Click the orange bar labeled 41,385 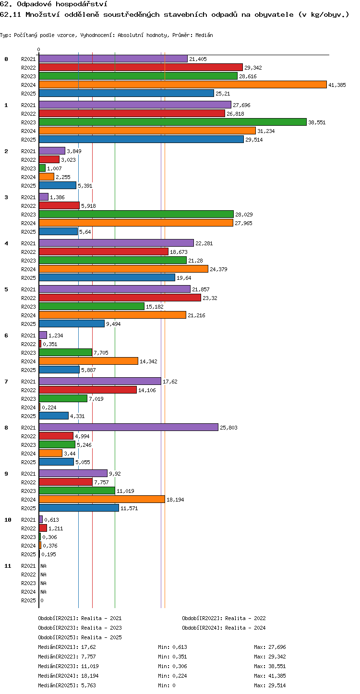pos(183,84)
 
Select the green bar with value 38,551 pos(173,122)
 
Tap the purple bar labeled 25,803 pos(129,427)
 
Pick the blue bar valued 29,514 pos(141,139)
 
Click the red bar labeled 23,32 pos(120,298)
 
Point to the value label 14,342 pos(148,361)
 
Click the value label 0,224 pos(49,407)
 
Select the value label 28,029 pos(244,215)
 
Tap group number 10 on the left pos(8,520)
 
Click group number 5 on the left pos(6,289)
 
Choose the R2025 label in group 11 pos(28,600)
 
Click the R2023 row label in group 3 pos(28,215)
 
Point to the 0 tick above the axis pos(39,49)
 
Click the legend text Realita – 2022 pos(245,618)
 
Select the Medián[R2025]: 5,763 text pos(67,685)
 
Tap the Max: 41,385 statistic pos(270,676)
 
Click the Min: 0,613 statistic pos(173,647)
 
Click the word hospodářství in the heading pos(82,4)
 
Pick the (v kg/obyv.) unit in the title pos(324,14)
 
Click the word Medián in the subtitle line pos(204,35)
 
